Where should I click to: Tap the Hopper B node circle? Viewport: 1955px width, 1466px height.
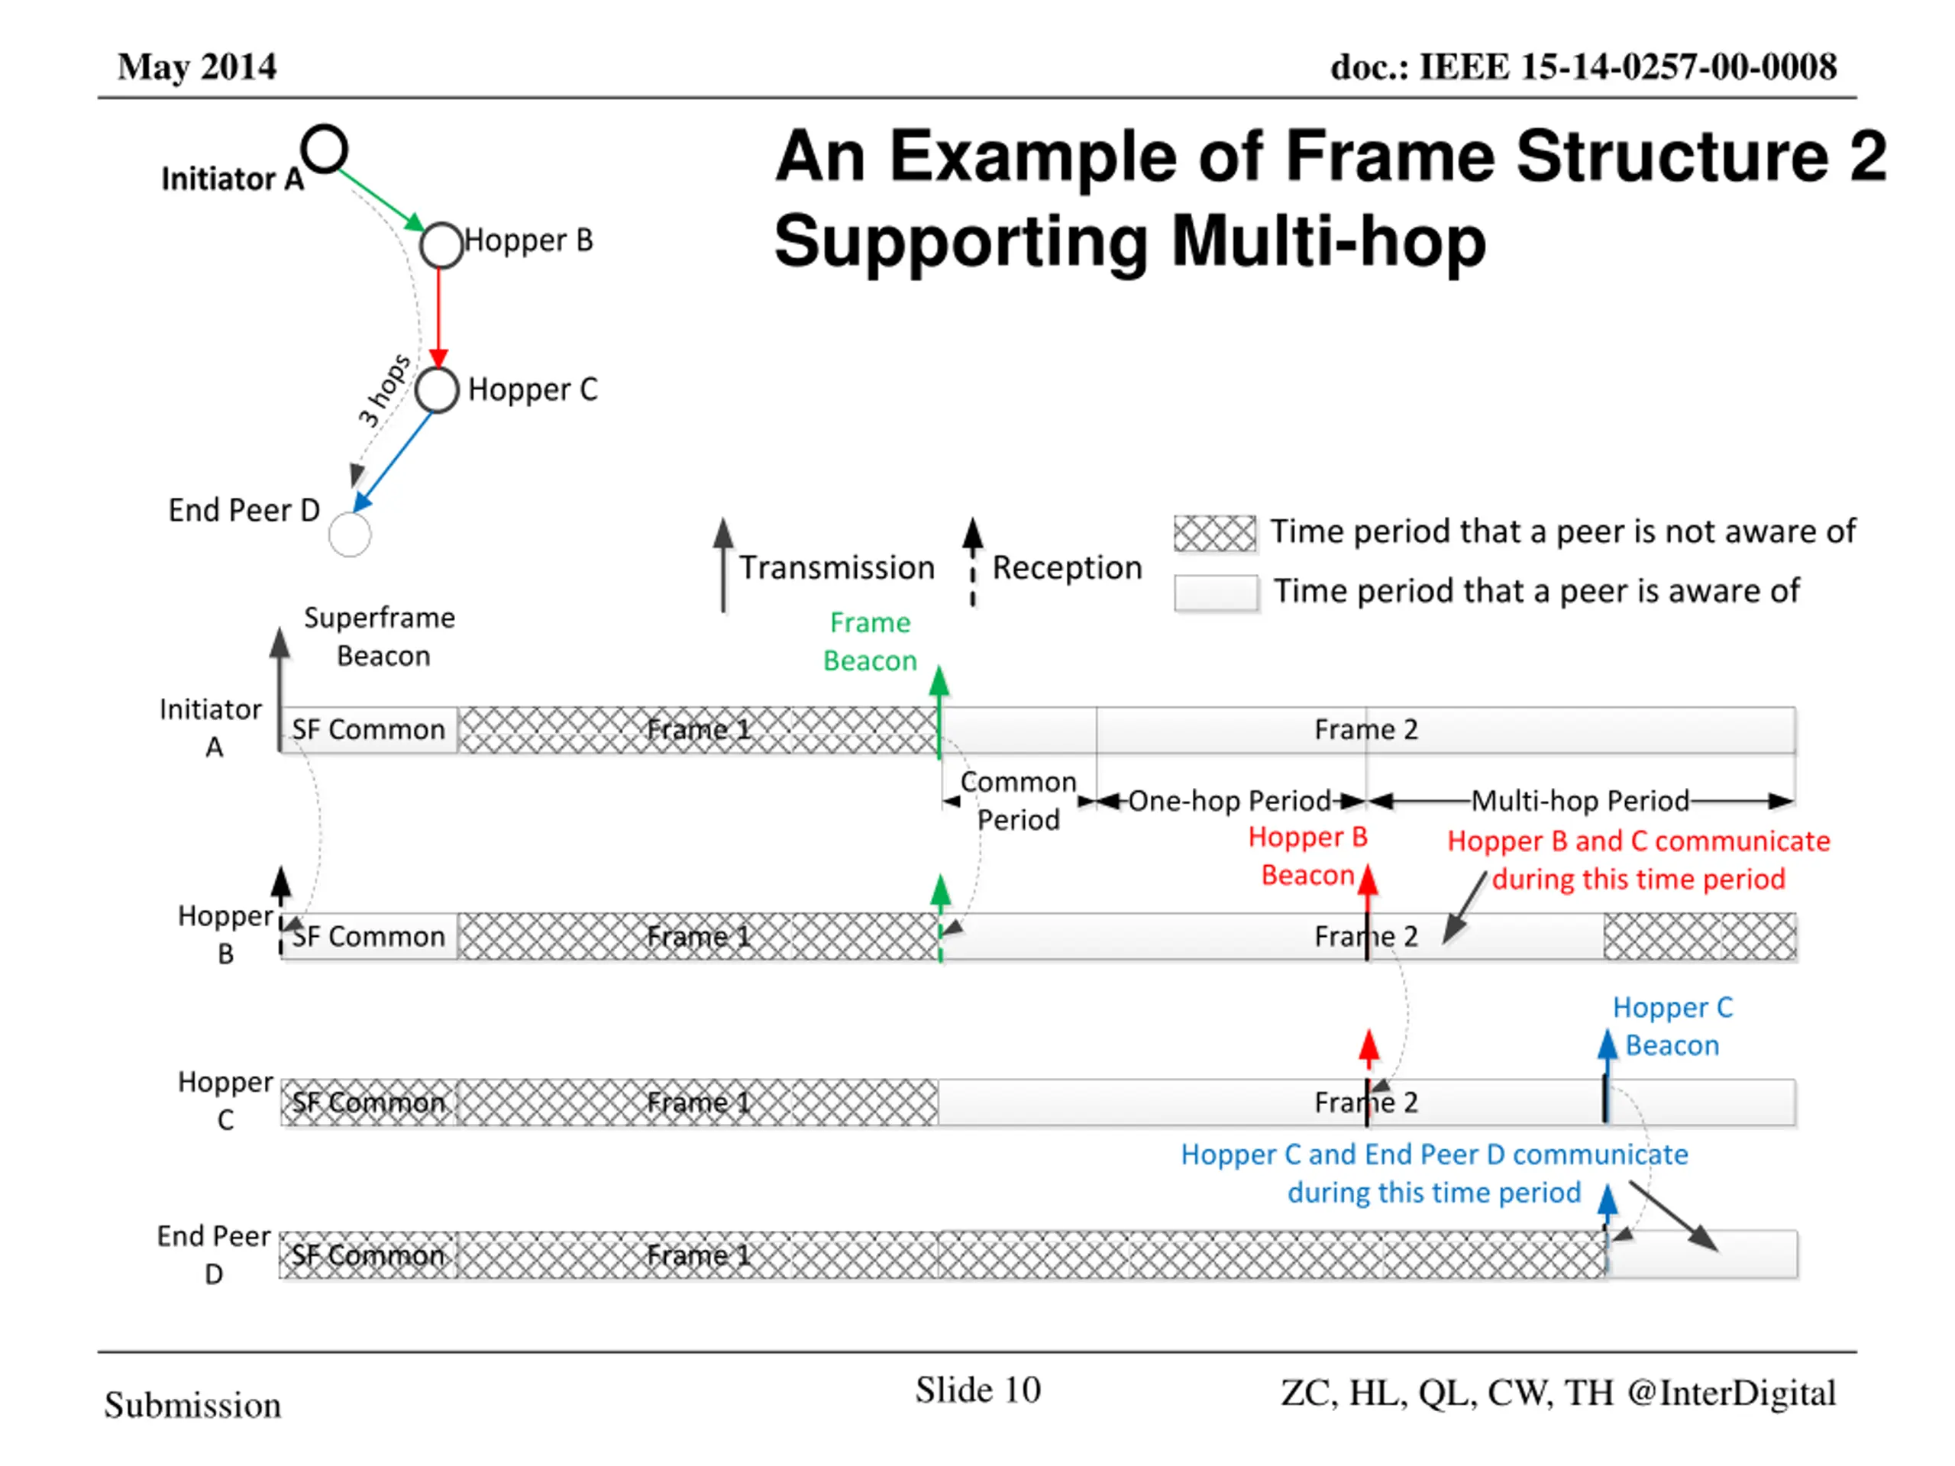pos(441,224)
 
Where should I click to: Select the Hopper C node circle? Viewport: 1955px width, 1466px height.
pos(437,370)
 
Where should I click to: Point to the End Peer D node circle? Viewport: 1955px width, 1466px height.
pos(349,515)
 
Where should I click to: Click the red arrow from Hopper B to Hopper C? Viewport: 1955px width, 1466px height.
pos(438,318)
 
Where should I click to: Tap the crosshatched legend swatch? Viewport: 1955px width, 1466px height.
pos(1214,533)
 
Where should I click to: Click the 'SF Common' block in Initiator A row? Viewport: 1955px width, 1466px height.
pos(369,730)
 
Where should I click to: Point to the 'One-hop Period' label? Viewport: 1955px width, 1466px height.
pos(1230,801)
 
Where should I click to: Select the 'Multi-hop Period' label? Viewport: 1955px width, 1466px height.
pos(1580,801)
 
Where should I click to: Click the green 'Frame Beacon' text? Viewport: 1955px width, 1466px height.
pos(870,641)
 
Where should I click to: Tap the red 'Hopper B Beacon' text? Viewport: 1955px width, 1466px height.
pos(1307,855)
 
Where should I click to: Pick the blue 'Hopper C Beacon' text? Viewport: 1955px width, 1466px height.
pos(1672,1026)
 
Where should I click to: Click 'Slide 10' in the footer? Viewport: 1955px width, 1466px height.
pos(977,1390)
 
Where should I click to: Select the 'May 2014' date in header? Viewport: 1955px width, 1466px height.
pos(197,67)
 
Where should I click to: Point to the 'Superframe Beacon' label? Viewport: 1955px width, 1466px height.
pos(380,636)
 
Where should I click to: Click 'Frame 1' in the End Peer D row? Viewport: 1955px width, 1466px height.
pos(698,1256)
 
